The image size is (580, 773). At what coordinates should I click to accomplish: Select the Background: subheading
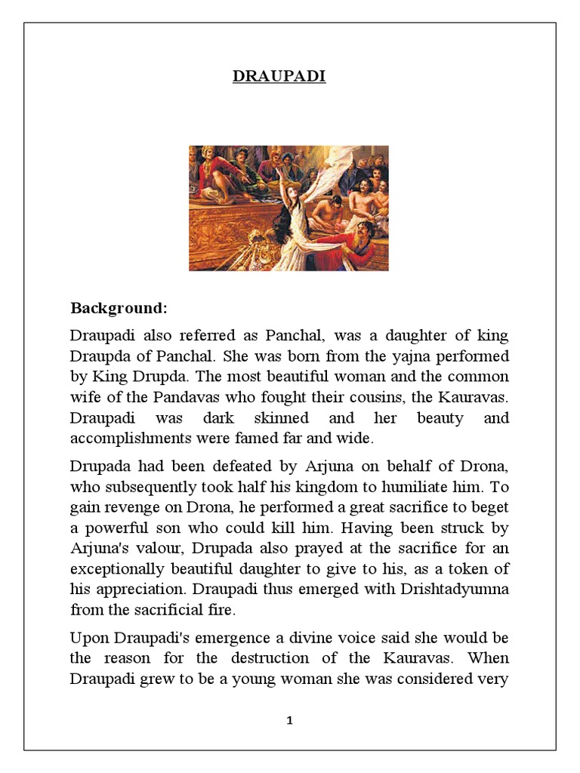point(119,309)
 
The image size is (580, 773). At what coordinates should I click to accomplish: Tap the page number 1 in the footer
point(290,721)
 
